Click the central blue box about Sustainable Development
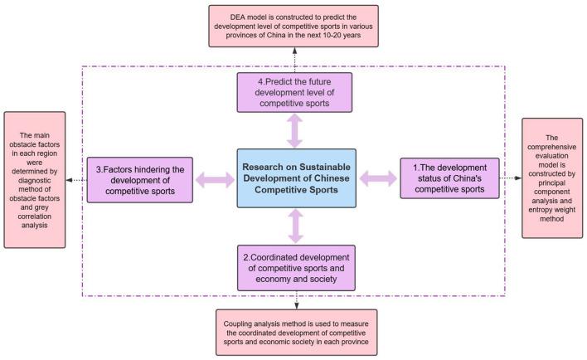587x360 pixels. click(x=296, y=178)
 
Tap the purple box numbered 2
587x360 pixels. click(x=296, y=268)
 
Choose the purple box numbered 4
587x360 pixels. click(x=294, y=92)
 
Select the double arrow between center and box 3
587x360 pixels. click(x=215, y=178)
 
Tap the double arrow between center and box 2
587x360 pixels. click(x=295, y=226)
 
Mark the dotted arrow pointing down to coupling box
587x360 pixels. click(x=297, y=299)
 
